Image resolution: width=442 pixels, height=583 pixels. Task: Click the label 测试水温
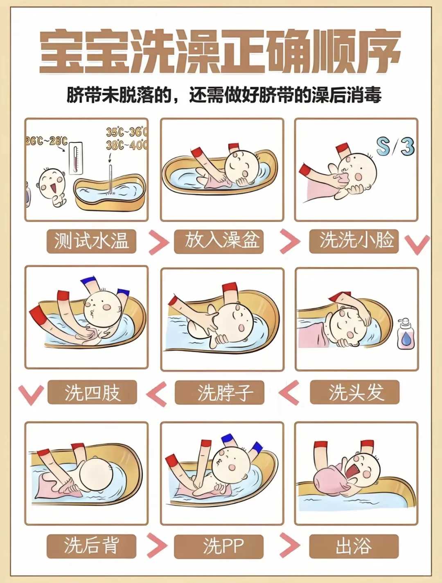pos(91,241)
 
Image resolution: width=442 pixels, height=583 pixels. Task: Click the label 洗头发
pos(354,393)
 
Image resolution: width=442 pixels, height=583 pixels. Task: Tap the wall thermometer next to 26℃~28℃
pos(76,158)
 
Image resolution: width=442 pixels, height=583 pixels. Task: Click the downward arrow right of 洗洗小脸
pos(417,244)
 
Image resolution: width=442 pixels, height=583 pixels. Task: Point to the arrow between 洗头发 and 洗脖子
pos(289,393)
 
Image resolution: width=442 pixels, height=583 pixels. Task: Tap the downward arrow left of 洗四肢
pos(31,394)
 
